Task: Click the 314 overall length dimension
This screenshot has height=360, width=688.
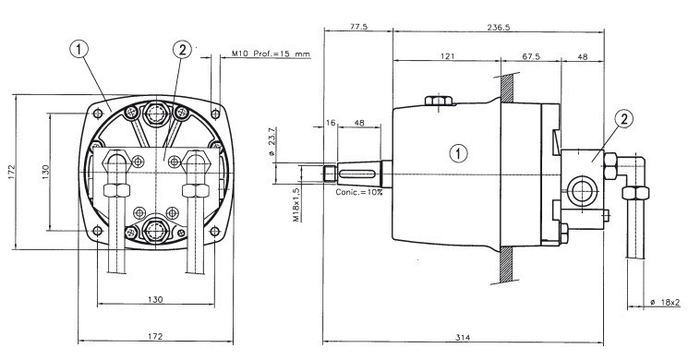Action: click(x=463, y=337)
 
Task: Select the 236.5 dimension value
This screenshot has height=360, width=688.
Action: click(x=499, y=27)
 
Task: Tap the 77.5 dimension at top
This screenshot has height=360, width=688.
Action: click(x=358, y=27)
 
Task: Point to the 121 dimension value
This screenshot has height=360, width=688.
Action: click(x=448, y=56)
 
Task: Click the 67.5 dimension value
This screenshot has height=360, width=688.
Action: click(x=531, y=56)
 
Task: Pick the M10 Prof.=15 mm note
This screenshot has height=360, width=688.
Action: click(x=271, y=54)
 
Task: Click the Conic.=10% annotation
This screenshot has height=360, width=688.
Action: click(x=359, y=192)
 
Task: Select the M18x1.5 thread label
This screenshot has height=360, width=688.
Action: click(x=297, y=205)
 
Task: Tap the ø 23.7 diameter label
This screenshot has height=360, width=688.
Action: click(x=272, y=141)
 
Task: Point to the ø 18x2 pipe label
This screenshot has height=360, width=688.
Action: click(x=666, y=302)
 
